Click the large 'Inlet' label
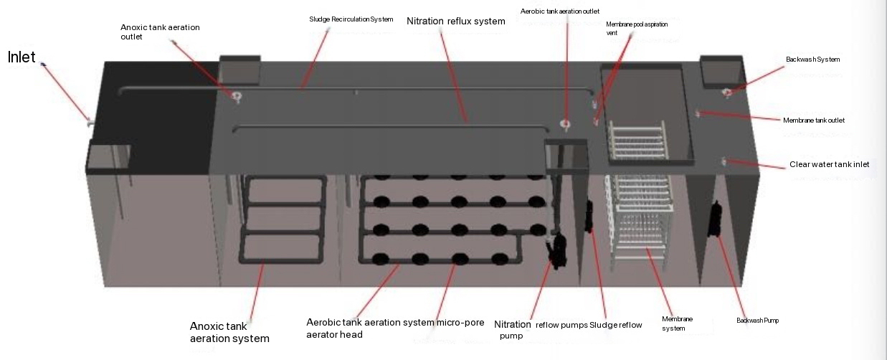point(22,57)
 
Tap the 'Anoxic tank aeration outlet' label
point(160,32)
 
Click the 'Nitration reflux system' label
point(455,21)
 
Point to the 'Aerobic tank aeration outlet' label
point(559,11)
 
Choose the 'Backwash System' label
point(812,59)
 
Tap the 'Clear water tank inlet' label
point(829,164)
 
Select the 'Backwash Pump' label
point(757,321)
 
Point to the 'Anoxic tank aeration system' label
point(229,332)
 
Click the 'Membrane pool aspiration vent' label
point(637,28)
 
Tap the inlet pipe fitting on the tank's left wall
point(89,121)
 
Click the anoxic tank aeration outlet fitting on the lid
point(235,97)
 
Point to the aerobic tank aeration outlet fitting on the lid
point(565,125)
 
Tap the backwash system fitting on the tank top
point(726,92)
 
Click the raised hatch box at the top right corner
point(718,70)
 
